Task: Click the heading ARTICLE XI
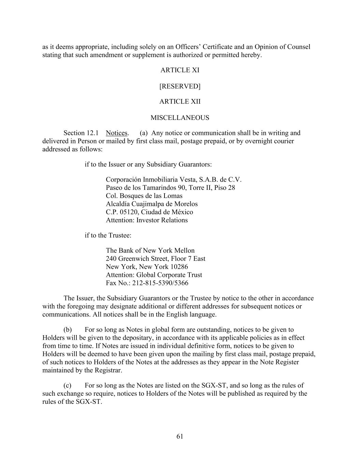(x=180, y=70)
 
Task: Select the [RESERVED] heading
(x=180, y=86)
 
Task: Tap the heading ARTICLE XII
(x=180, y=101)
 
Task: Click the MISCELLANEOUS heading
(x=180, y=118)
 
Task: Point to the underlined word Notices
(x=117, y=133)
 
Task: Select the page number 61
(x=180, y=436)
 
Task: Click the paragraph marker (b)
(x=68, y=330)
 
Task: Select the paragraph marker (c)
(x=68, y=385)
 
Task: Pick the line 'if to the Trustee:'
(x=108, y=235)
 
